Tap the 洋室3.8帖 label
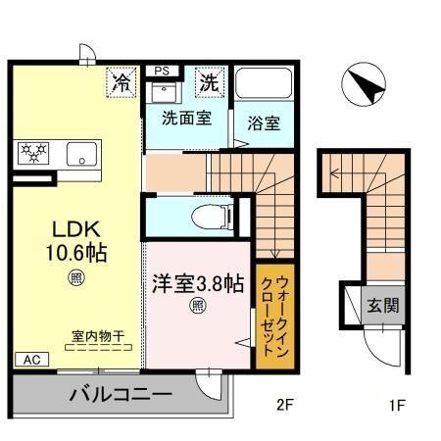click(197, 285)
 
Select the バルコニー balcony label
click(121, 397)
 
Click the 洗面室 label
click(186, 122)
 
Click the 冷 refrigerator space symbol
click(122, 82)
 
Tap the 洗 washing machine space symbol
click(211, 82)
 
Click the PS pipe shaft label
click(162, 71)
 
